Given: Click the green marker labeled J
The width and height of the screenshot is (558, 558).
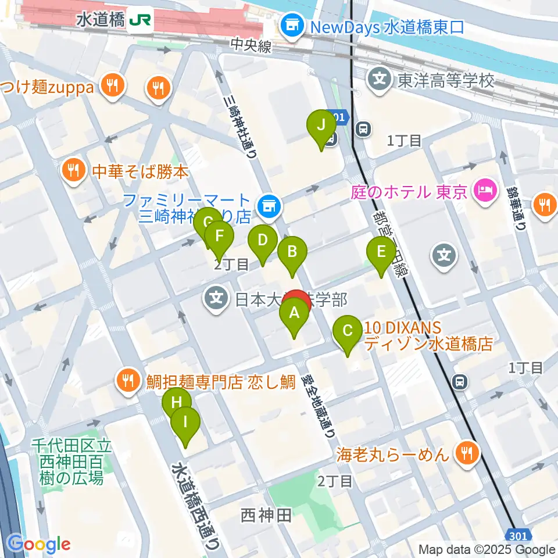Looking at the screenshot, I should (x=320, y=125).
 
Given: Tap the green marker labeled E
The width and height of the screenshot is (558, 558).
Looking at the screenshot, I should (x=381, y=253).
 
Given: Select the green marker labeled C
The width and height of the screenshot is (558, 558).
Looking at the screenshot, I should (x=348, y=332).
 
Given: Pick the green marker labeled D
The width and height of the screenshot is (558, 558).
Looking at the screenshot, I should (x=263, y=241).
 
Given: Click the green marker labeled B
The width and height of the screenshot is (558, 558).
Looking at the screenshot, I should (x=292, y=252).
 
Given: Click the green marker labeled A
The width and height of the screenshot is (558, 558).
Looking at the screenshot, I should (x=294, y=314).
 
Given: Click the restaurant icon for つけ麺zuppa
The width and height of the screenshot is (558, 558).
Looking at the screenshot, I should (x=110, y=86).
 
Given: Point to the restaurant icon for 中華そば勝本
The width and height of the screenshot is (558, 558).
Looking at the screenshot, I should (x=73, y=170).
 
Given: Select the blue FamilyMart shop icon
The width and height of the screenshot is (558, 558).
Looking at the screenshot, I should (x=269, y=205).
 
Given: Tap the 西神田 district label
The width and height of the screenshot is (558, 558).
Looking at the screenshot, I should (x=266, y=514).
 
